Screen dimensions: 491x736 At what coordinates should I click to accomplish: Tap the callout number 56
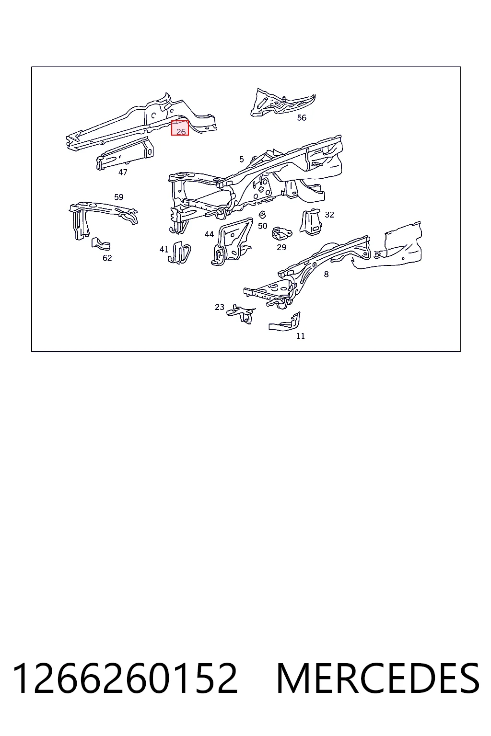(302, 117)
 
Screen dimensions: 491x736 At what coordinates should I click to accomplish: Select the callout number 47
(123, 172)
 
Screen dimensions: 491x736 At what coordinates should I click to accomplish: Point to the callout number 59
(119, 197)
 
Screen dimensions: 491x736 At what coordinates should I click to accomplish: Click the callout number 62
(107, 258)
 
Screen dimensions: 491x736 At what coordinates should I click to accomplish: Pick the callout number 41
(164, 249)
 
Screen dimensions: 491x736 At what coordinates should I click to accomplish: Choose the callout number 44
(209, 234)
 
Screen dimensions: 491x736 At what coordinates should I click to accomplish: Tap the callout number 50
(262, 226)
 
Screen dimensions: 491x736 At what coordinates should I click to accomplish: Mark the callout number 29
(281, 247)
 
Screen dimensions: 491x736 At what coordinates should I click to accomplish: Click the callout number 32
(329, 215)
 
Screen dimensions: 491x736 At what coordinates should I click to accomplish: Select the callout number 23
(219, 307)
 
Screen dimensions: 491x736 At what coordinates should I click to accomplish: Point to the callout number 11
(301, 336)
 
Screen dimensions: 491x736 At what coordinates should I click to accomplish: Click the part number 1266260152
(125, 678)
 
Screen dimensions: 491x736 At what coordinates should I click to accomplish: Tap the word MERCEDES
(378, 678)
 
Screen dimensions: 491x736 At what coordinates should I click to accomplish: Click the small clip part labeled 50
(262, 215)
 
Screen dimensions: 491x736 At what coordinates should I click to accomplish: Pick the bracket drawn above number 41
(179, 253)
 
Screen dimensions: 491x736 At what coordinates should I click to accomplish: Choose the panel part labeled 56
(282, 102)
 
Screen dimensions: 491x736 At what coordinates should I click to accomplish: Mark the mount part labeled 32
(311, 222)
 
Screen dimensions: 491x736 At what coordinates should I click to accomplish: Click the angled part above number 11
(285, 322)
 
